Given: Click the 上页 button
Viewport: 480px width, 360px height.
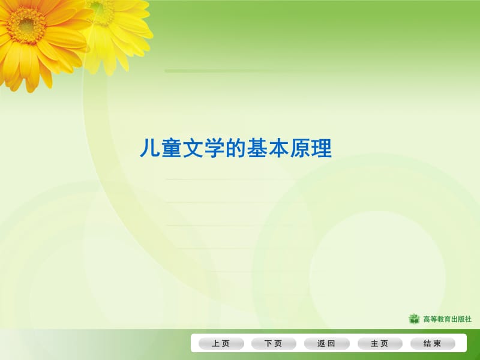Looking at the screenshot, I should point(221,344).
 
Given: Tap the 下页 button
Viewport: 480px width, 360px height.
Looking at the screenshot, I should point(274,344).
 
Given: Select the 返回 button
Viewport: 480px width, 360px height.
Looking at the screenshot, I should point(326,344).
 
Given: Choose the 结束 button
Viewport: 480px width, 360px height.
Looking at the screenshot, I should point(433,344).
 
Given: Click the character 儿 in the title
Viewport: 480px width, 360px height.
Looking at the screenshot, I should point(149,148).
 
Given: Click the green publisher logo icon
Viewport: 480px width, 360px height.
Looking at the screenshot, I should point(414,319).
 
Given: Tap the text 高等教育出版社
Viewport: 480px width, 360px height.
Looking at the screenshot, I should point(448,319).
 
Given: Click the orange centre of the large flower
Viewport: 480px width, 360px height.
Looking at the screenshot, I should point(27,25).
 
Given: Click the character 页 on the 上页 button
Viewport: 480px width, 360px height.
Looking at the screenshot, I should point(226,344).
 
